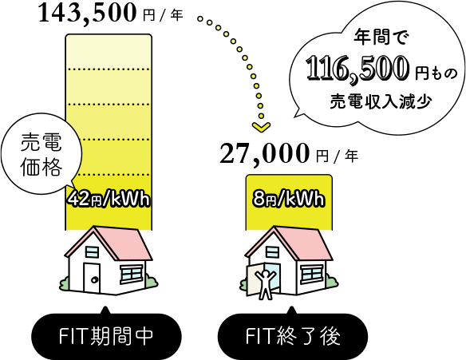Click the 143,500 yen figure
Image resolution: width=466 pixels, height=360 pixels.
[x=87, y=14]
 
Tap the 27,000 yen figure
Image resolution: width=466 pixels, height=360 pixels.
[x=264, y=153]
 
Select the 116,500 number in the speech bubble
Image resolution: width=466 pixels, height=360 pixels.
[x=357, y=69]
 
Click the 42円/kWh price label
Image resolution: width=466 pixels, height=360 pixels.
[x=109, y=200]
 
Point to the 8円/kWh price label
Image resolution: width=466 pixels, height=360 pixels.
[x=288, y=200]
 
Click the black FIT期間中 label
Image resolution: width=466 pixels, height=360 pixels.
[x=106, y=336]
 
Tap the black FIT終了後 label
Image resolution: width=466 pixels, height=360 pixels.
[x=293, y=336]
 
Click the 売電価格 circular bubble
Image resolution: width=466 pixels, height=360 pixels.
[x=41, y=154]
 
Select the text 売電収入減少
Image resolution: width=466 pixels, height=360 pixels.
[x=381, y=101]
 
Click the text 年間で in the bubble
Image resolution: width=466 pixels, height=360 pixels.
[x=381, y=38]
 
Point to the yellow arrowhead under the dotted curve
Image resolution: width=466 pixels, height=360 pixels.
[x=261, y=127]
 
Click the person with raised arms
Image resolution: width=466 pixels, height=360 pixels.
[x=264, y=284]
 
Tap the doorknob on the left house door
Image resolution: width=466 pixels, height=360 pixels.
[x=94, y=279]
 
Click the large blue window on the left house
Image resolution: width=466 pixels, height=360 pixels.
[x=131, y=275]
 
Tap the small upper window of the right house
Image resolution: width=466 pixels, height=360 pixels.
[x=273, y=252]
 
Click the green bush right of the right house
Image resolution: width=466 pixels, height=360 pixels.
[x=331, y=281]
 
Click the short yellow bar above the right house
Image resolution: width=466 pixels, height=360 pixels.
[x=289, y=202]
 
